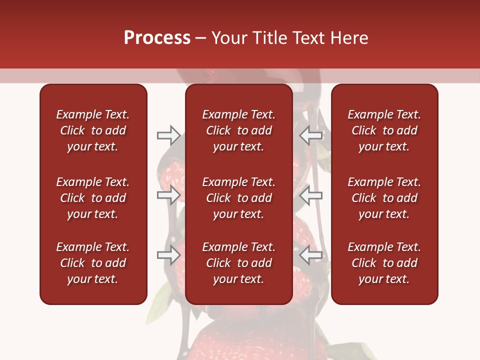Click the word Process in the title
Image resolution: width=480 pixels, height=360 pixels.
click(x=157, y=38)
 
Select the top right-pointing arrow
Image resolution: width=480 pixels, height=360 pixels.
click(x=168, y=135)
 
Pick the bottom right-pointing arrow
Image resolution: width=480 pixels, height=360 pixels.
click(x=168, y=255)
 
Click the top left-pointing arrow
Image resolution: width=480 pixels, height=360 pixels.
click(x=311, y=135)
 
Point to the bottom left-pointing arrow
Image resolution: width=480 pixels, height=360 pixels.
click(x=311, y=255)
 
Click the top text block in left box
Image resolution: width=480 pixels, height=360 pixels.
click(x=93, y=130)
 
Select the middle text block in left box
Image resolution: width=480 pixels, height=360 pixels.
click(x=93, y=198)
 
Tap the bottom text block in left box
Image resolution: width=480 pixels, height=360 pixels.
click(x=93, y=263)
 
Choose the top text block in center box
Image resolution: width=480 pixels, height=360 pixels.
click(x=238, y=130)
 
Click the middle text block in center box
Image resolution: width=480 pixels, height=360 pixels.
click(x=238, y=198)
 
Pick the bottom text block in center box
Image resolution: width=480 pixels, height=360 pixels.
click(x=238, y=263)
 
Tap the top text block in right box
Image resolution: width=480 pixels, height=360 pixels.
click(x=384, y=130)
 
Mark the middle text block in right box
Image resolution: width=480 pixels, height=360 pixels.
click(x=384, y=198)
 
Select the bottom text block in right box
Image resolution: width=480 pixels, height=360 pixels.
click(x=384, y=263)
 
